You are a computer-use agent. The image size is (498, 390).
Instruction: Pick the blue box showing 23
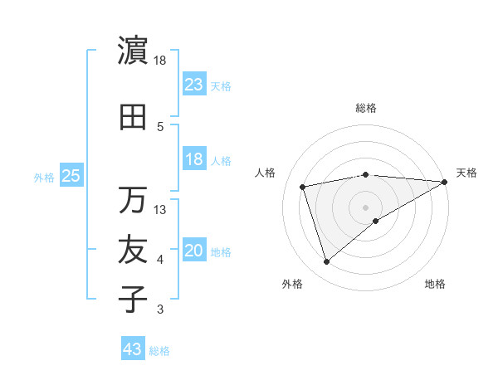tap(194, 84)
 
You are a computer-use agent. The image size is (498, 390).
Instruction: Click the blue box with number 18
tap(194, 159)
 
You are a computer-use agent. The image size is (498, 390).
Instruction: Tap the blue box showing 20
tap(194, 251)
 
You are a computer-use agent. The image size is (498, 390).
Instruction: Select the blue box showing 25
tap(71, 176)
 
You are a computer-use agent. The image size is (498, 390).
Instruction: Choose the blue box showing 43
tap(133, 349)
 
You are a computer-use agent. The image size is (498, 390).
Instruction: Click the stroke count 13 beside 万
tap(160, 210)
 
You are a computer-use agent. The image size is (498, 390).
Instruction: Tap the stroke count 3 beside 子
tap(160, 310)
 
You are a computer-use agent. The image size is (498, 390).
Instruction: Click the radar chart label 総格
tap(366, 108)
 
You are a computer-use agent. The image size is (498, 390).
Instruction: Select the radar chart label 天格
tap(466, 173)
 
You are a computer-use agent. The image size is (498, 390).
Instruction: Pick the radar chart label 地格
tap(435, 284)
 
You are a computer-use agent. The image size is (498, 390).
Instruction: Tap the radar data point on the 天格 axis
tap(445, 182)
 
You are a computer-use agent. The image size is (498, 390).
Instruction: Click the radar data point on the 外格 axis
tap(326, 262)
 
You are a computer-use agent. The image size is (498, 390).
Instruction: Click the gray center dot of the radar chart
tap(366, 207)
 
